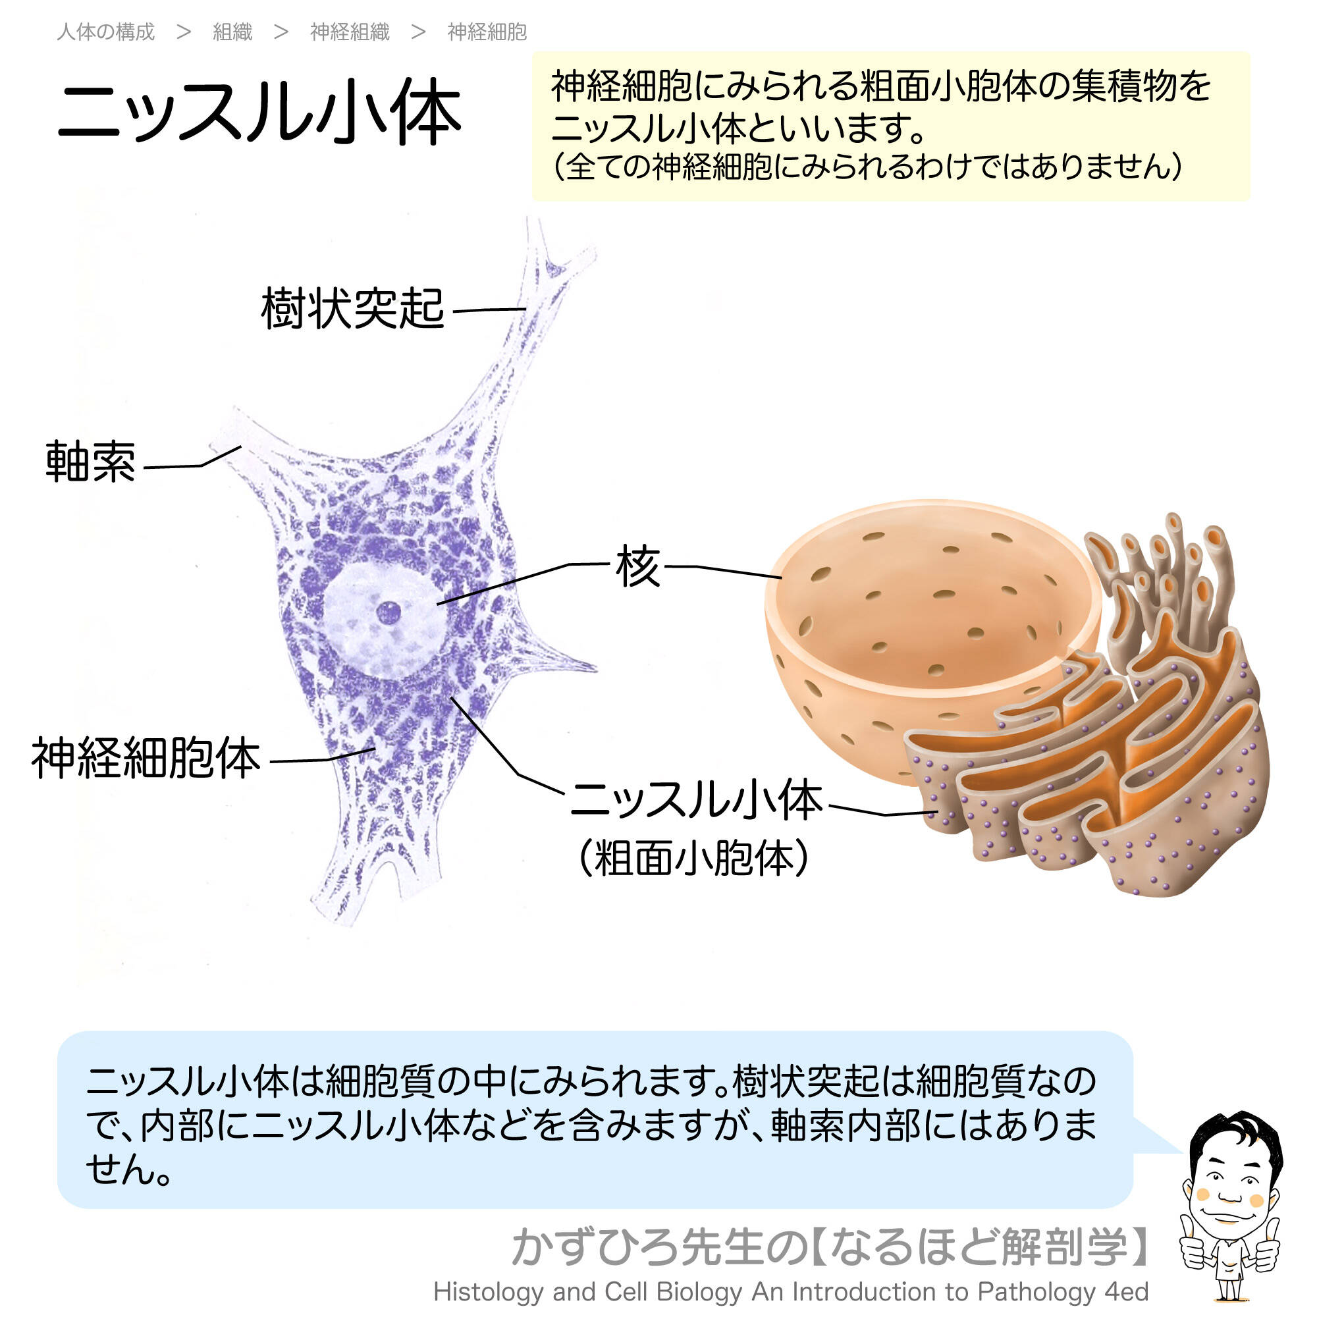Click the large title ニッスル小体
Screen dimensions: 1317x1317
259,113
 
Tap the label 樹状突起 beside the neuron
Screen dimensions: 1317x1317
352,309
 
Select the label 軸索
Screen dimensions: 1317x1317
91,462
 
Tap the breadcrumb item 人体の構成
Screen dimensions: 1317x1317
105,32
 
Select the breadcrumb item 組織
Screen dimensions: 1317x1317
232,32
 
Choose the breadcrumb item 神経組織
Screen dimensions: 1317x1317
350,32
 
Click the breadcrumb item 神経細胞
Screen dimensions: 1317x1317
487,32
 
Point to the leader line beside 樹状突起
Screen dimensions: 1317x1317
489,310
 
